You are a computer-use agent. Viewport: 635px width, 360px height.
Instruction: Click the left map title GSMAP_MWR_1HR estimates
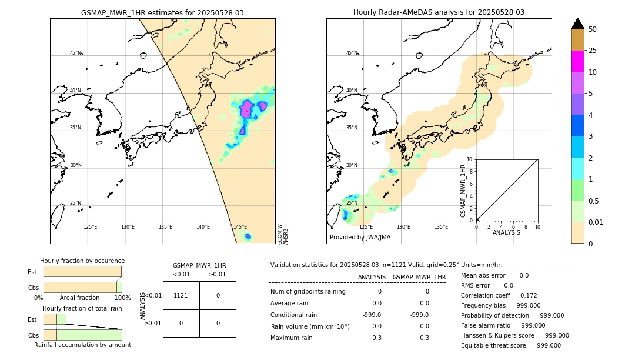(x=162, y=12)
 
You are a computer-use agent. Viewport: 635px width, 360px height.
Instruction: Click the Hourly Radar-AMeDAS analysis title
(x=439, y=12)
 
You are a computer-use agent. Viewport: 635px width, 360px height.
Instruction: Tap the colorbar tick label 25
(x=593, y=51)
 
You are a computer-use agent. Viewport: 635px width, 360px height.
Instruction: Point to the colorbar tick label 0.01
(x=596, y=222)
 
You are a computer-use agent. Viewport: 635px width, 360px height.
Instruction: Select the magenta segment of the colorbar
(x=577, y=61)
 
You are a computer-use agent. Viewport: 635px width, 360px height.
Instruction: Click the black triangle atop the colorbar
(x=577, y=24)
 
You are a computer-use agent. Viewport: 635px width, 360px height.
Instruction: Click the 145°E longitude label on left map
(x=240, y=227)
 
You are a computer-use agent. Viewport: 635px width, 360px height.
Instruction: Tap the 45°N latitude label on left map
(x=76, y=53)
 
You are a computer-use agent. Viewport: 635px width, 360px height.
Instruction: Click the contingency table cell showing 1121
(x=181, y=296)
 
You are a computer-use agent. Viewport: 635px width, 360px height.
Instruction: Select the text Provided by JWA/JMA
(x=360, y=237)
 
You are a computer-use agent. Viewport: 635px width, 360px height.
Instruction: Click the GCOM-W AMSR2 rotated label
(x=282, y=234)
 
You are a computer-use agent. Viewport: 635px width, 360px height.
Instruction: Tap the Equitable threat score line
(x=510, y=345)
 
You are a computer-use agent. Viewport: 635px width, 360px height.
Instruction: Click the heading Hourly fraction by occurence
(x=82, y=261)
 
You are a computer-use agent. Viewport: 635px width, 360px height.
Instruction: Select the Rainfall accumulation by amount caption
(x=82, y=345)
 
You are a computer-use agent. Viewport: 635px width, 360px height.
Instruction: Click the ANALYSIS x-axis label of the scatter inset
(x=507, y=232)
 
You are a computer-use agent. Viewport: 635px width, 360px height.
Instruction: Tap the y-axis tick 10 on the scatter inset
(x=469, y=159)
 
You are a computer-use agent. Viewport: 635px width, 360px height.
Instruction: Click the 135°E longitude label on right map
(x=441, y=227)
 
